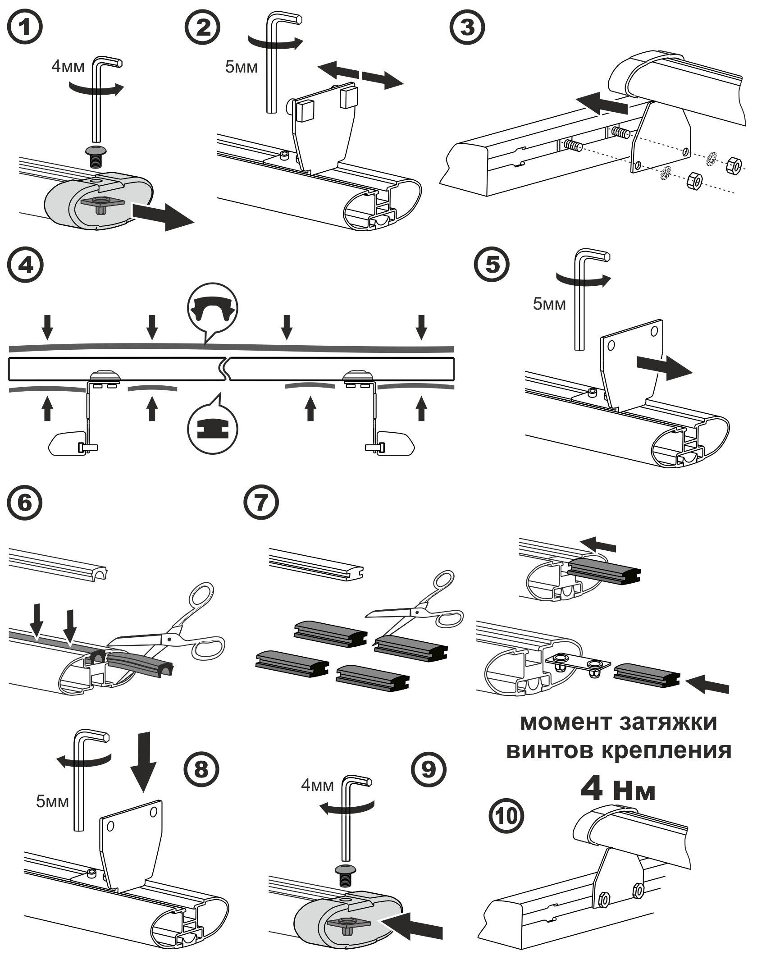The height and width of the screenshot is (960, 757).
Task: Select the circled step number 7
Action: (x=261, y=503)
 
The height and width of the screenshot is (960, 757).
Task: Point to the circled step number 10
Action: (x=506, y=815)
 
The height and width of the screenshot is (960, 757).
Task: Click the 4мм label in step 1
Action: (x=68, y=67)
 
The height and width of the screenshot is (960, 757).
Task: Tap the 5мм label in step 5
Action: (x=549, y=304)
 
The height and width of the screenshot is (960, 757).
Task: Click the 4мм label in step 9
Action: (x=317, y=785)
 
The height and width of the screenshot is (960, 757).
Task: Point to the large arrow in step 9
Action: (x=415, y=923)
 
